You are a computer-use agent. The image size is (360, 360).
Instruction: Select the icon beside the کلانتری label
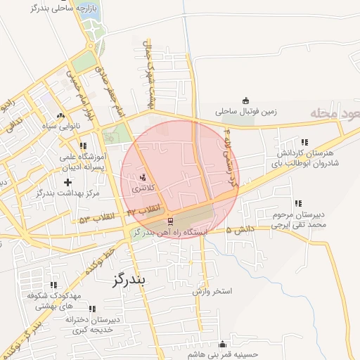143,177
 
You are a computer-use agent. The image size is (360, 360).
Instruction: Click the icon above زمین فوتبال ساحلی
245,101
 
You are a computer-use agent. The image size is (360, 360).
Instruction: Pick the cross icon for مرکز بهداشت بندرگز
67,183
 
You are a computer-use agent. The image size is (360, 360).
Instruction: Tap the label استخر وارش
211,290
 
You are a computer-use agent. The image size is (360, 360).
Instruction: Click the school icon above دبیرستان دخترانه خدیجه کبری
91,308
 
